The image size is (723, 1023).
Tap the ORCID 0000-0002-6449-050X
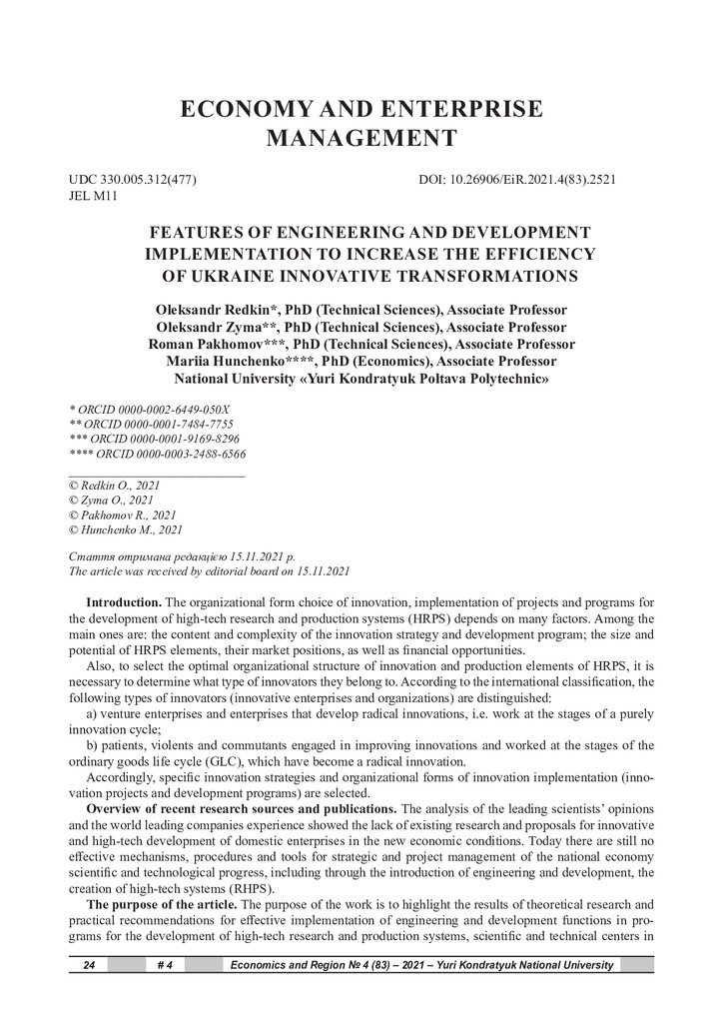pyautogui.click(x=155, y=410)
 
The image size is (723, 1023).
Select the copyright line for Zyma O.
pyautogui.click(x=110, y=500)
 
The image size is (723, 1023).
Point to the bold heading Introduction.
pyautogui.click(x=124, y=601)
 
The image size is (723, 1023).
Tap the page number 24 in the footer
pyautogui.click(x=88, y=965)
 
